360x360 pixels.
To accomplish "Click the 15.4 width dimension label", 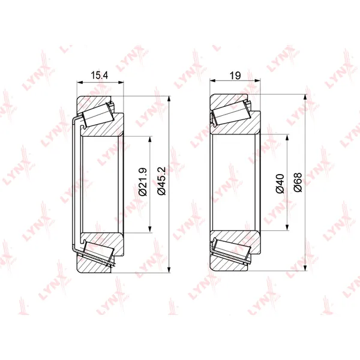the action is coord(100,76).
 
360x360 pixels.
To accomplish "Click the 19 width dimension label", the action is coord(235,76).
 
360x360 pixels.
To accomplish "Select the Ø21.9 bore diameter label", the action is coord(143,182).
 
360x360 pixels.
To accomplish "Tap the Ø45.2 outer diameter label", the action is coord(161,181).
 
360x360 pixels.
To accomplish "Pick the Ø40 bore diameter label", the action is coord(280,184).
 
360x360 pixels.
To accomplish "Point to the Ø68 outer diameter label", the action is coord(298,182).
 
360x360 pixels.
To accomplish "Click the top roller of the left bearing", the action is coord(98,115).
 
